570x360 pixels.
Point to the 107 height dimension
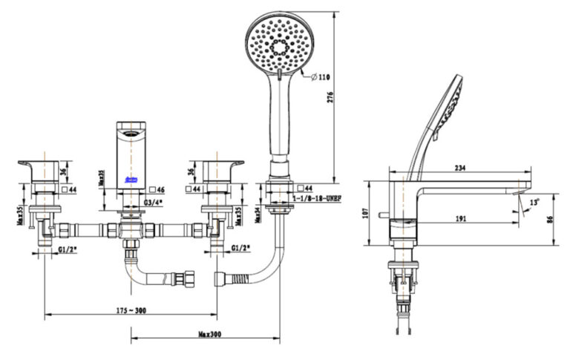[x=364, y=212]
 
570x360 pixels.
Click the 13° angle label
[x=535, y=200]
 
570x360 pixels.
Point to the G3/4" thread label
[x=154, y=202]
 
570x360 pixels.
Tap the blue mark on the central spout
[x=132, y=180]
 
